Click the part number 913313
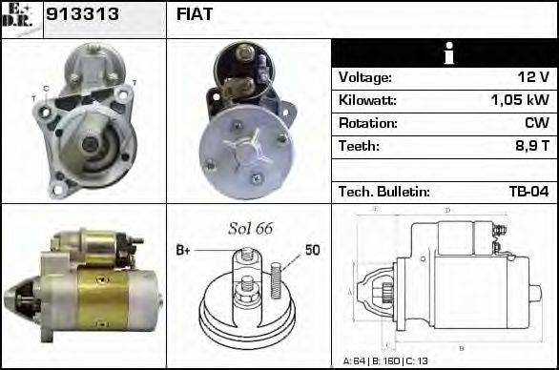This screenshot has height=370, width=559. tap(79, 15)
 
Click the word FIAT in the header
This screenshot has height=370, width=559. tap(195, 15)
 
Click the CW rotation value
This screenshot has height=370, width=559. tap(535, 123)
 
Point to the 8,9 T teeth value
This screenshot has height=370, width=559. tap(530, 146)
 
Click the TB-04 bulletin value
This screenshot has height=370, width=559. tap(528, 192)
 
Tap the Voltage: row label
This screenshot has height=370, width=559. tap(365, 77)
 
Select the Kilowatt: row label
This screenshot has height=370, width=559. tap(367, 100)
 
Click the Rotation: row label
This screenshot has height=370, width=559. tap(367, 123)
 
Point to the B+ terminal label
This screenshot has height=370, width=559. tap(183, 250)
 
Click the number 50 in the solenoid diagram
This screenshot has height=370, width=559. tap(312, 250)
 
